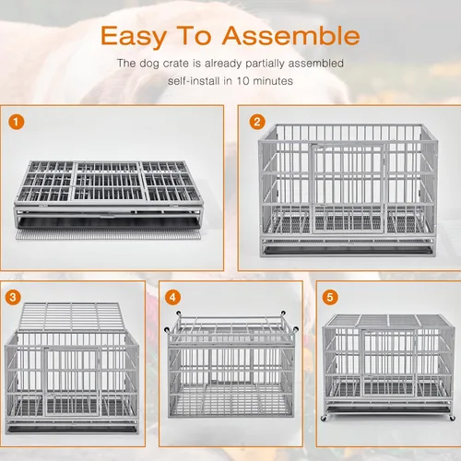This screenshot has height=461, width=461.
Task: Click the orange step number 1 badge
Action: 17,122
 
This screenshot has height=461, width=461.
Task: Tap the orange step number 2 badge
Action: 257,122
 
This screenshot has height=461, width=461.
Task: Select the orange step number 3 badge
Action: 13,297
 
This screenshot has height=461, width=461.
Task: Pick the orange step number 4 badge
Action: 172,297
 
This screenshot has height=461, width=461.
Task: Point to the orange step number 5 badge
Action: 330,297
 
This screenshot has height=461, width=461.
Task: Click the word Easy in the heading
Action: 134,37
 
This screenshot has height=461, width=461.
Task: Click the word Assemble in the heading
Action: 290,35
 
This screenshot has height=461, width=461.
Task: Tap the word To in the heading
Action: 194,35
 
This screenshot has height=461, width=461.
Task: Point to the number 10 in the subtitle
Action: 242,81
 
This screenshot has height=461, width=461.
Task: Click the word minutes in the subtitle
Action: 273,81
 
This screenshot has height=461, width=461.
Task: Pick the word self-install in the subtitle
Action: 195,81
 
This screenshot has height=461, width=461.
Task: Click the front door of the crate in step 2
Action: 348,188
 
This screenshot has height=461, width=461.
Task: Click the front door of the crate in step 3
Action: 72,382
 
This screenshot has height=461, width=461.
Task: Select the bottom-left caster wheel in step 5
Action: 324,418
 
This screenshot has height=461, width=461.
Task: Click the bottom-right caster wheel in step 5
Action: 452,418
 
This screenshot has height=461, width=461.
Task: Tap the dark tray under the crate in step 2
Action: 348,250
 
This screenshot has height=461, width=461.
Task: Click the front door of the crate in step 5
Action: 389,362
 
